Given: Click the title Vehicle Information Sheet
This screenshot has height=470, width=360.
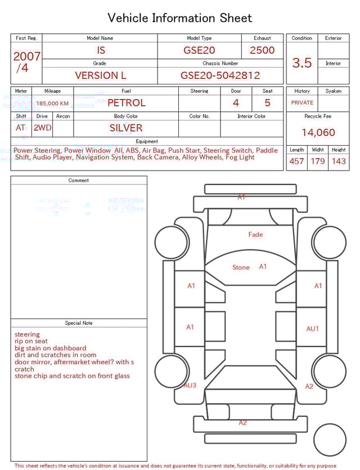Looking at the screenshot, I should [x=180, y=18].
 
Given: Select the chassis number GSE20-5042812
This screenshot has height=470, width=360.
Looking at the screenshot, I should [x=220, y=75].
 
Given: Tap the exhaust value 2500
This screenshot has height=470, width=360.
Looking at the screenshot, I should [x=262, y=50].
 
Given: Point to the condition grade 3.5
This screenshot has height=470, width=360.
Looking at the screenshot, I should [x=302, y=62].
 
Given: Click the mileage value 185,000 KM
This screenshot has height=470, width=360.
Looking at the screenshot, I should [x=53, y=104].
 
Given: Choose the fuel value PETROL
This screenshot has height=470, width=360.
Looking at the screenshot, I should [x=126, y=103].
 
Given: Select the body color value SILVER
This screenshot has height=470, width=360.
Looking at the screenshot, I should [x=126, y=128].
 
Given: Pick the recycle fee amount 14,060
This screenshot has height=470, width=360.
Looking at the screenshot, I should [x=318, y=133].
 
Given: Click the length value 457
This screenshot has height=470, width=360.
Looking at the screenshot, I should [x=296, y=162].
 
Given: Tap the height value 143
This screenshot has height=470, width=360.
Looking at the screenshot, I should [x=339, y=162].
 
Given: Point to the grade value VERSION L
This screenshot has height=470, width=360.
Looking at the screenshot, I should [x=100, y=75].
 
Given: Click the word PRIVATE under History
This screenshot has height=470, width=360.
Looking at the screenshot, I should [x=302, y=103].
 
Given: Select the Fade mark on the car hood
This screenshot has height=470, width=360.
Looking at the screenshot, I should [x=255, y=234].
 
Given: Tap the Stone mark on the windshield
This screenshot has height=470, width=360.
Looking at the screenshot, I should [x=241, y=267].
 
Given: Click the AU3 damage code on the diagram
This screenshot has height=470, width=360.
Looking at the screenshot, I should [x=190, y=385].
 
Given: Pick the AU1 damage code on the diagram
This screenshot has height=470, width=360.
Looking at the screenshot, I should [x=312, y=329].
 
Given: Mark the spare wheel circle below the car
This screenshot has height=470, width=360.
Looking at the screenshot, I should [x=330, y=440].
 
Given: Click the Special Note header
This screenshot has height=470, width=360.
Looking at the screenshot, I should [x=79, y=323].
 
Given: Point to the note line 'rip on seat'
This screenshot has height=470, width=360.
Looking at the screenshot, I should [x=31, y=341].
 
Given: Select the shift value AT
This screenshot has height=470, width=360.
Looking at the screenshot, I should [x=21, y=128].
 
